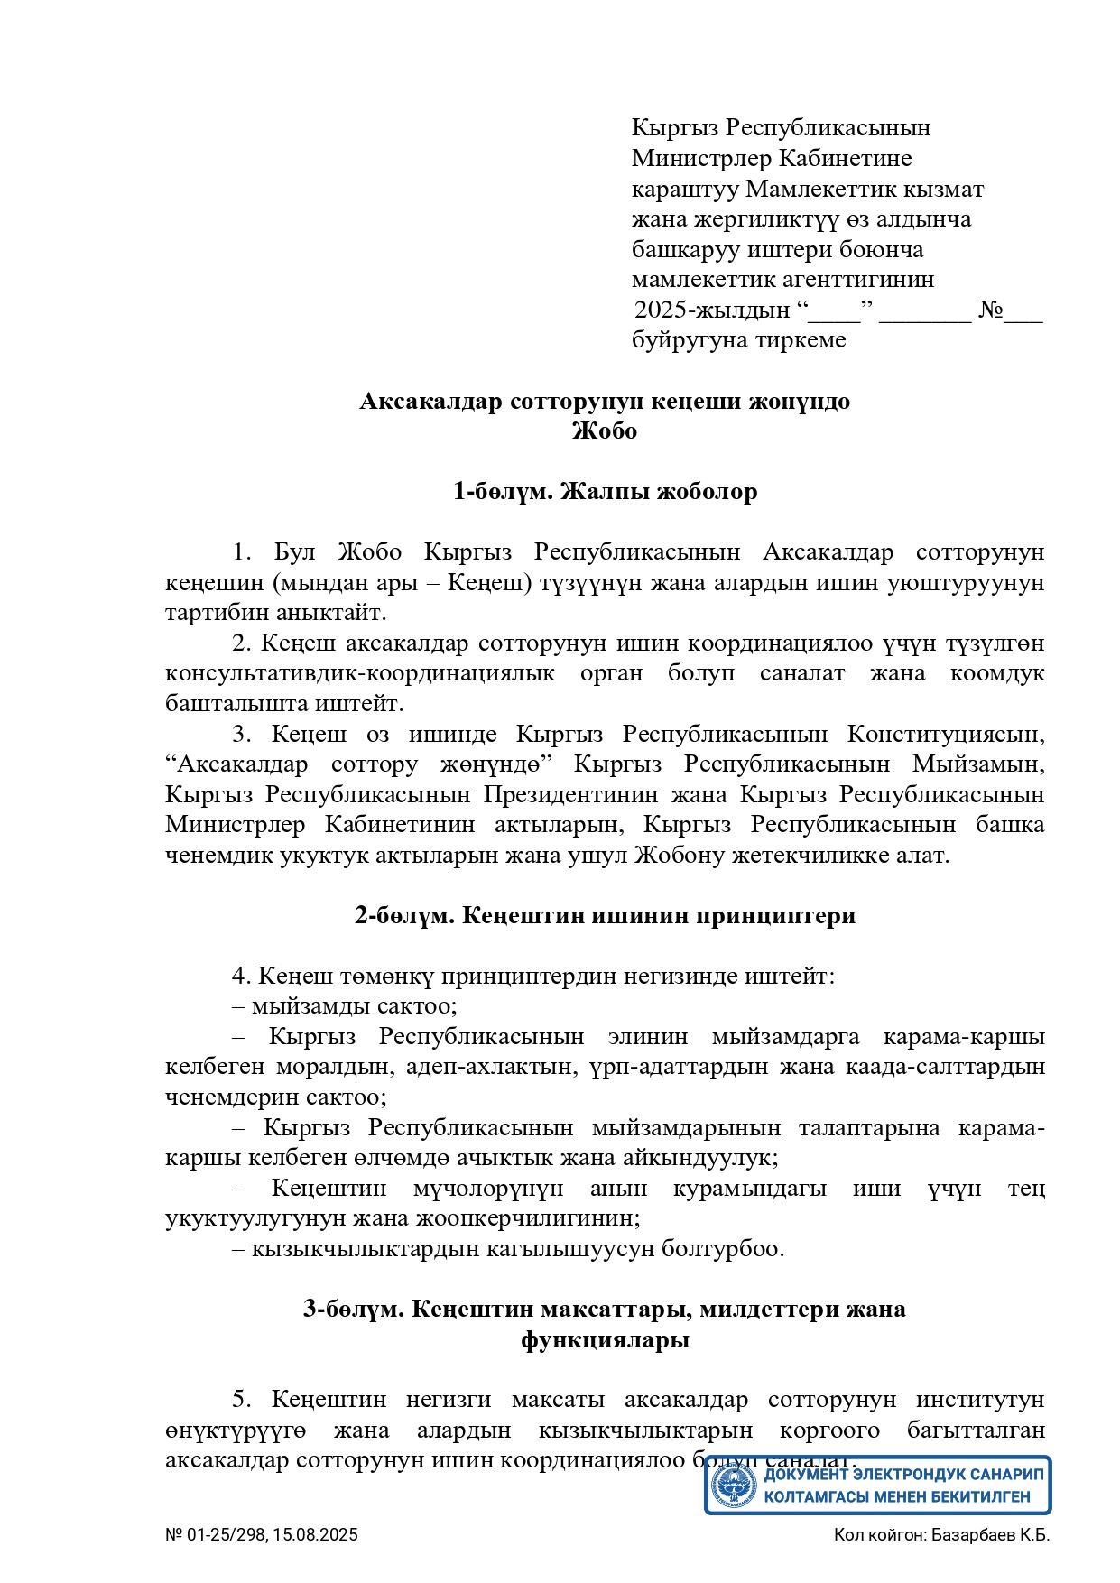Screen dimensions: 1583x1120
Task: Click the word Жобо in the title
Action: click(x=605, y=431)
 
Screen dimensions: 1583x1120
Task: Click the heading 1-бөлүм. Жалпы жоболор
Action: click(x=605, y=492)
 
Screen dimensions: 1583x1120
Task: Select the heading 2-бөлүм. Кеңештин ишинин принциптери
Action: click(x=605, y=916)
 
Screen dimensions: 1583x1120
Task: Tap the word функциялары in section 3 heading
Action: click(x=605, y=1340)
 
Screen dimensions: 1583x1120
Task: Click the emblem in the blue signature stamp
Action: click(x=734, y=1486)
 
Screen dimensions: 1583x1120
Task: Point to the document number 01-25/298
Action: click(x=227, y=1535)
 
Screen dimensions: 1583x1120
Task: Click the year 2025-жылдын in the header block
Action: click(x=712, y=310)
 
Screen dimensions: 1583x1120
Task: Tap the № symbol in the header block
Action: click(x=991, y=310)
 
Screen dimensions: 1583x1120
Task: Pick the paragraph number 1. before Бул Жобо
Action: click(x=242, y=552)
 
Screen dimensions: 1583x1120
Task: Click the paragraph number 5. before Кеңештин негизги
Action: click(x=242, y=1400)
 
